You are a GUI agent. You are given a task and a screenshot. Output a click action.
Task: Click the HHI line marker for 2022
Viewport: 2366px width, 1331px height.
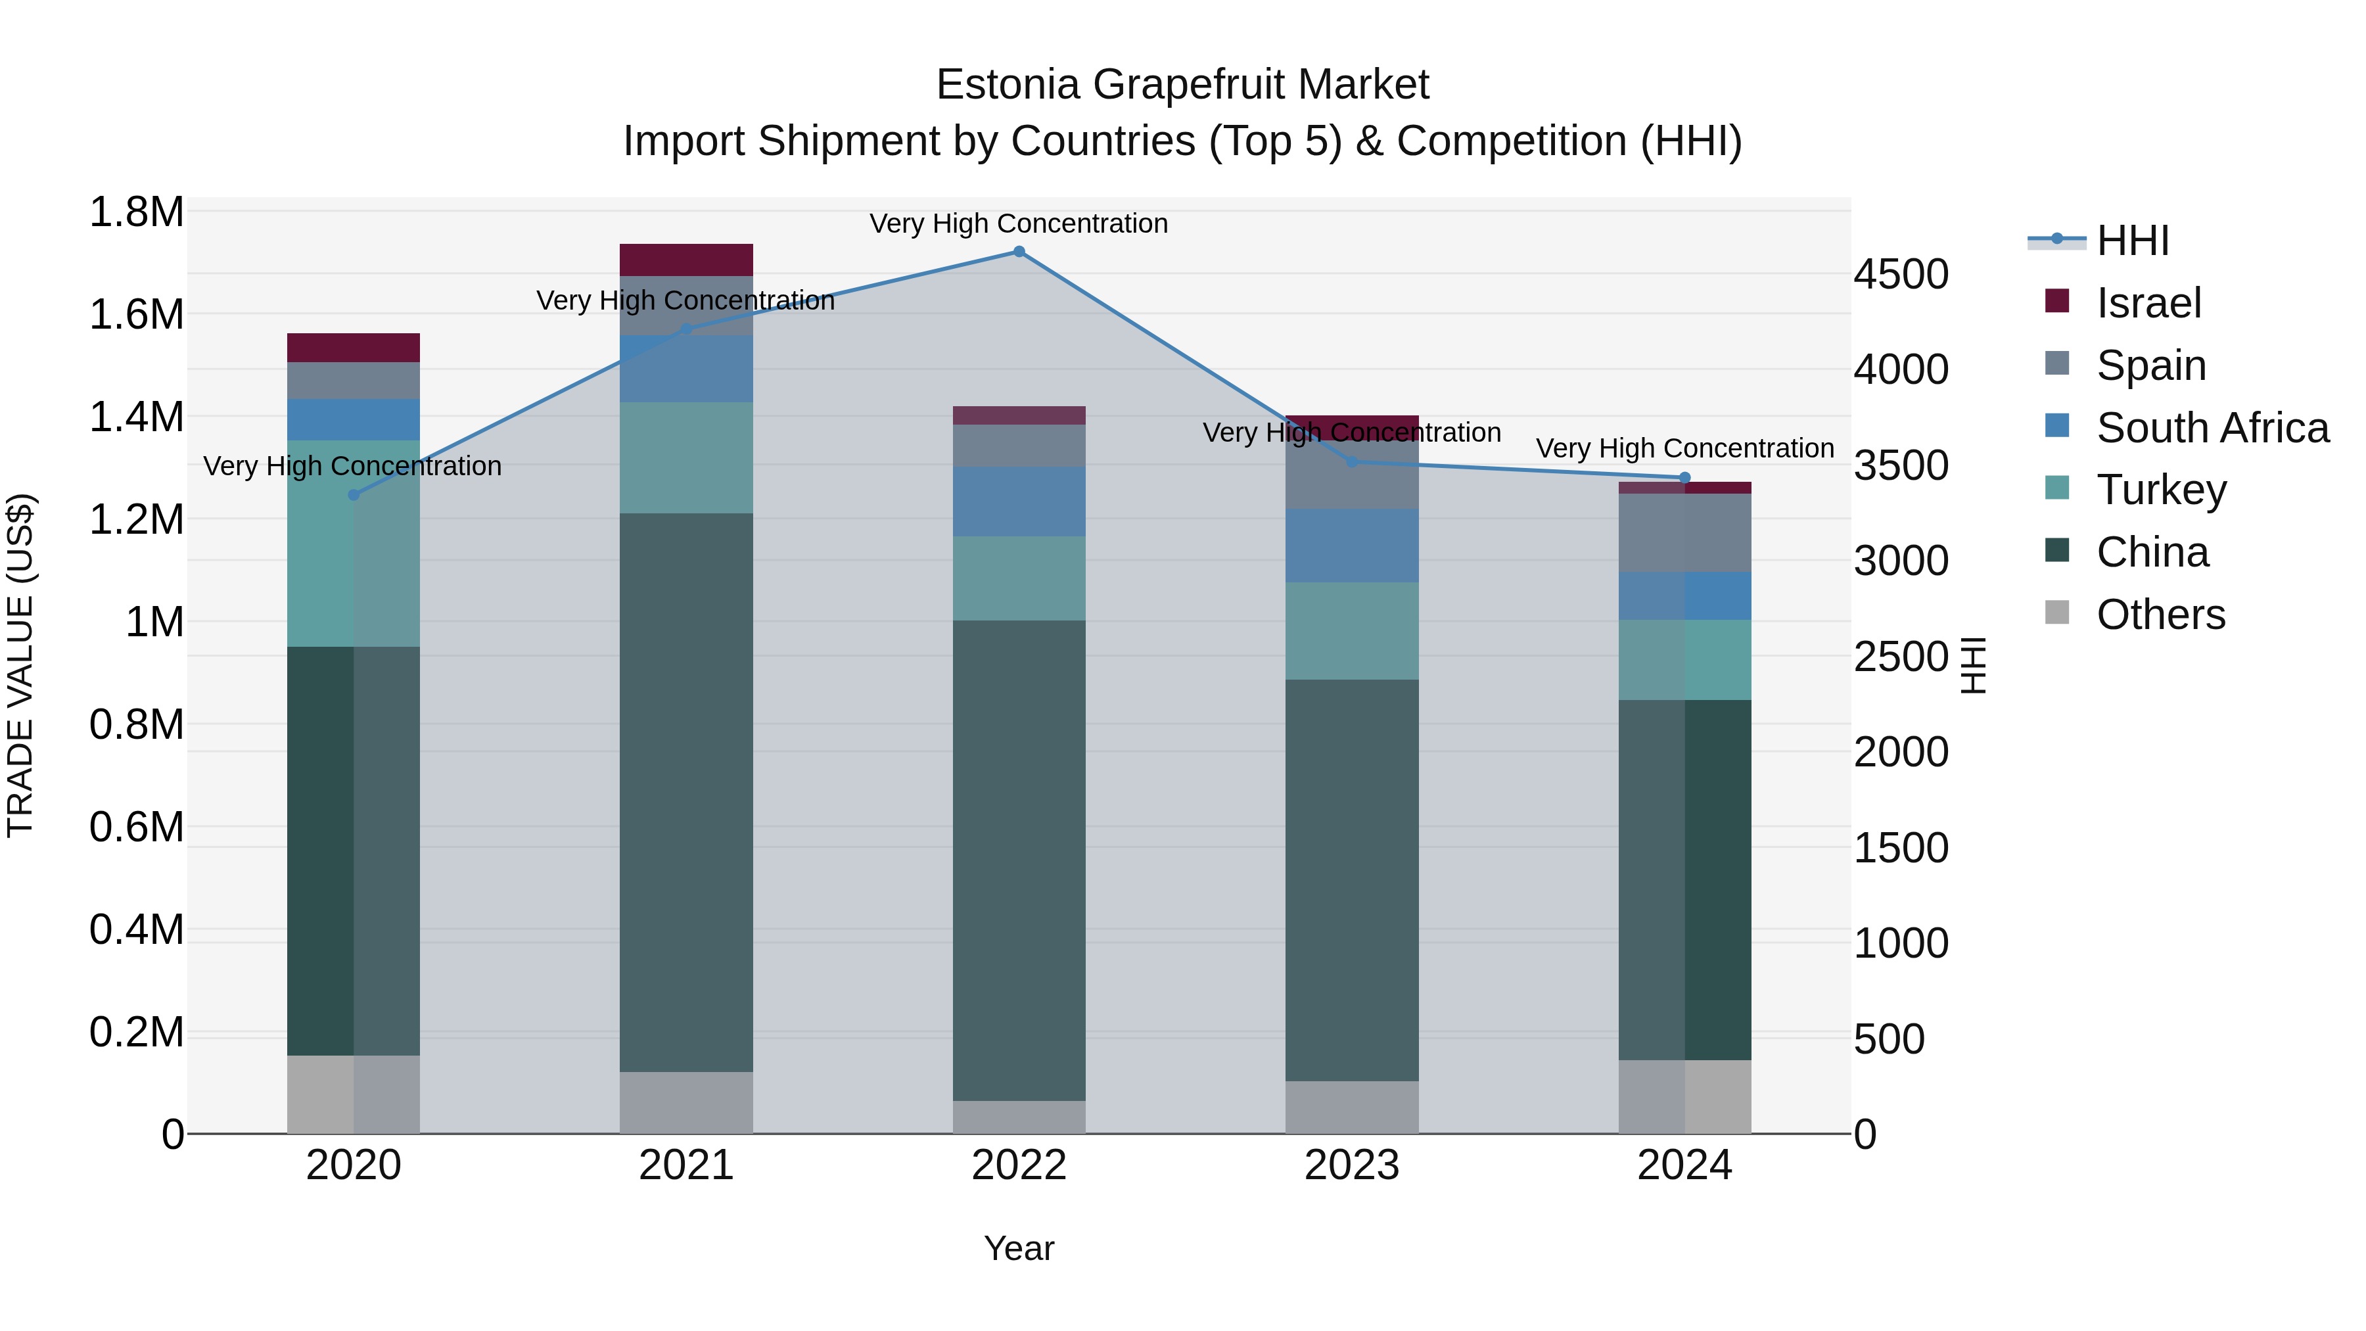(1019, 252)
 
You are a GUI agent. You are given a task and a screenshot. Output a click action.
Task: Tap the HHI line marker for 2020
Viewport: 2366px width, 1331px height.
(354, 495)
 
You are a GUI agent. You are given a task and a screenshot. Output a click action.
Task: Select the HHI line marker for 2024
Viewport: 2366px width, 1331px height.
(1684, 478)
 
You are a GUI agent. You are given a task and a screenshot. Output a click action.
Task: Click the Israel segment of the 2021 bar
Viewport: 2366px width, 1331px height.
(686, 260)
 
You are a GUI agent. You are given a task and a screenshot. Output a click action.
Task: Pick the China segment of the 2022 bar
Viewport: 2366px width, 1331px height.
(1019, 860)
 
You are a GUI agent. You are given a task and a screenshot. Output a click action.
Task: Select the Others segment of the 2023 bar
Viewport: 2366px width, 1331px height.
(1351, 1107)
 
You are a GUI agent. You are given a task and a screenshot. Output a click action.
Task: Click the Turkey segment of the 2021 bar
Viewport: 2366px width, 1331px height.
(686, 457)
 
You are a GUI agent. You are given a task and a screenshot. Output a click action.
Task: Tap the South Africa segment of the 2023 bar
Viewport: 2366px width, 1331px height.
(1351, 546)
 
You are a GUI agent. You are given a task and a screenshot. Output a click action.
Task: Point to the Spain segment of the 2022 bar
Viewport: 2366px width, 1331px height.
(1019, 446)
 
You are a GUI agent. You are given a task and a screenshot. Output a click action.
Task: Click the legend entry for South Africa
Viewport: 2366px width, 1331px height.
(2212, 428)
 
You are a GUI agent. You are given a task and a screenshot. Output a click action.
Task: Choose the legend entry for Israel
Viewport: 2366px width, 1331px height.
(2148, 303)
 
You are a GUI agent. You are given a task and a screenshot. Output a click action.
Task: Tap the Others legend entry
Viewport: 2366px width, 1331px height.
(2160, 615)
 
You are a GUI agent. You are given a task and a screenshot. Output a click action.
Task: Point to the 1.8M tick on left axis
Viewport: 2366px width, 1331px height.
(136, 212)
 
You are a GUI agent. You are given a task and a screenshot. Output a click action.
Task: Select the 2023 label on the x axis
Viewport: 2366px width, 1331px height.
(1351, 1165)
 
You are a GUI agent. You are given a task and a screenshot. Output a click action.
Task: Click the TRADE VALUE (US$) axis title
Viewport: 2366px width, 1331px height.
(20, 665)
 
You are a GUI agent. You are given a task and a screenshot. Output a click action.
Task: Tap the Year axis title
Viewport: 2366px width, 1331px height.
(1019, 1248)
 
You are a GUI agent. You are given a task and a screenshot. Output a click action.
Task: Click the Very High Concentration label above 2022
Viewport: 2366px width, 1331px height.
(1019, 223)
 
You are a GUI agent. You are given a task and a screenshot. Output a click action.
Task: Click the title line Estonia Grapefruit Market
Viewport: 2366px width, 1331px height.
(1182, 85)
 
